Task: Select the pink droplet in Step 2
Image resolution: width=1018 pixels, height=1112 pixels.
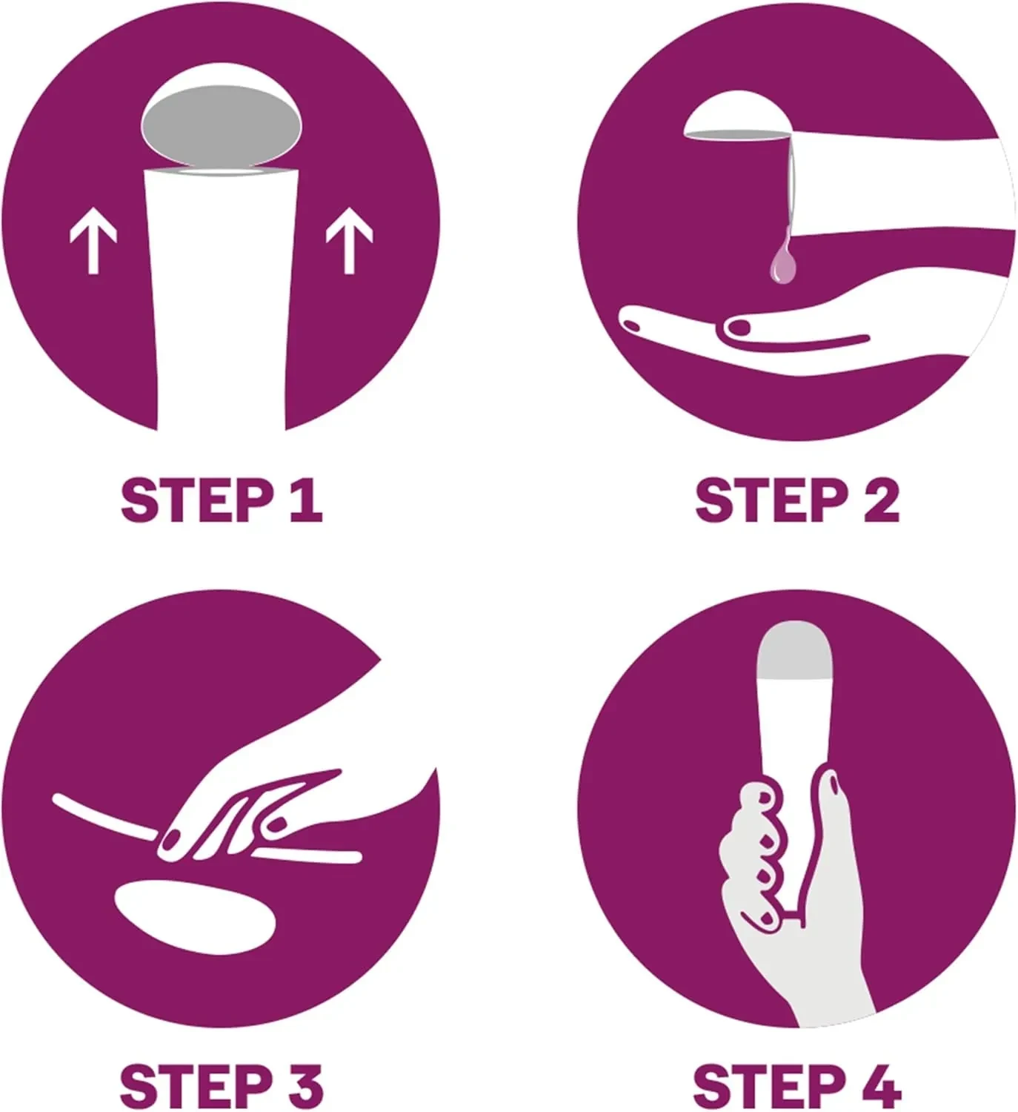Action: (x=782, y=260)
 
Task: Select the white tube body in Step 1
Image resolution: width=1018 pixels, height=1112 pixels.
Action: (x=221, y=299)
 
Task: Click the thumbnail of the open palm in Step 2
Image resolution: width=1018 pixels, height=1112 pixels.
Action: (x=738, y=328)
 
